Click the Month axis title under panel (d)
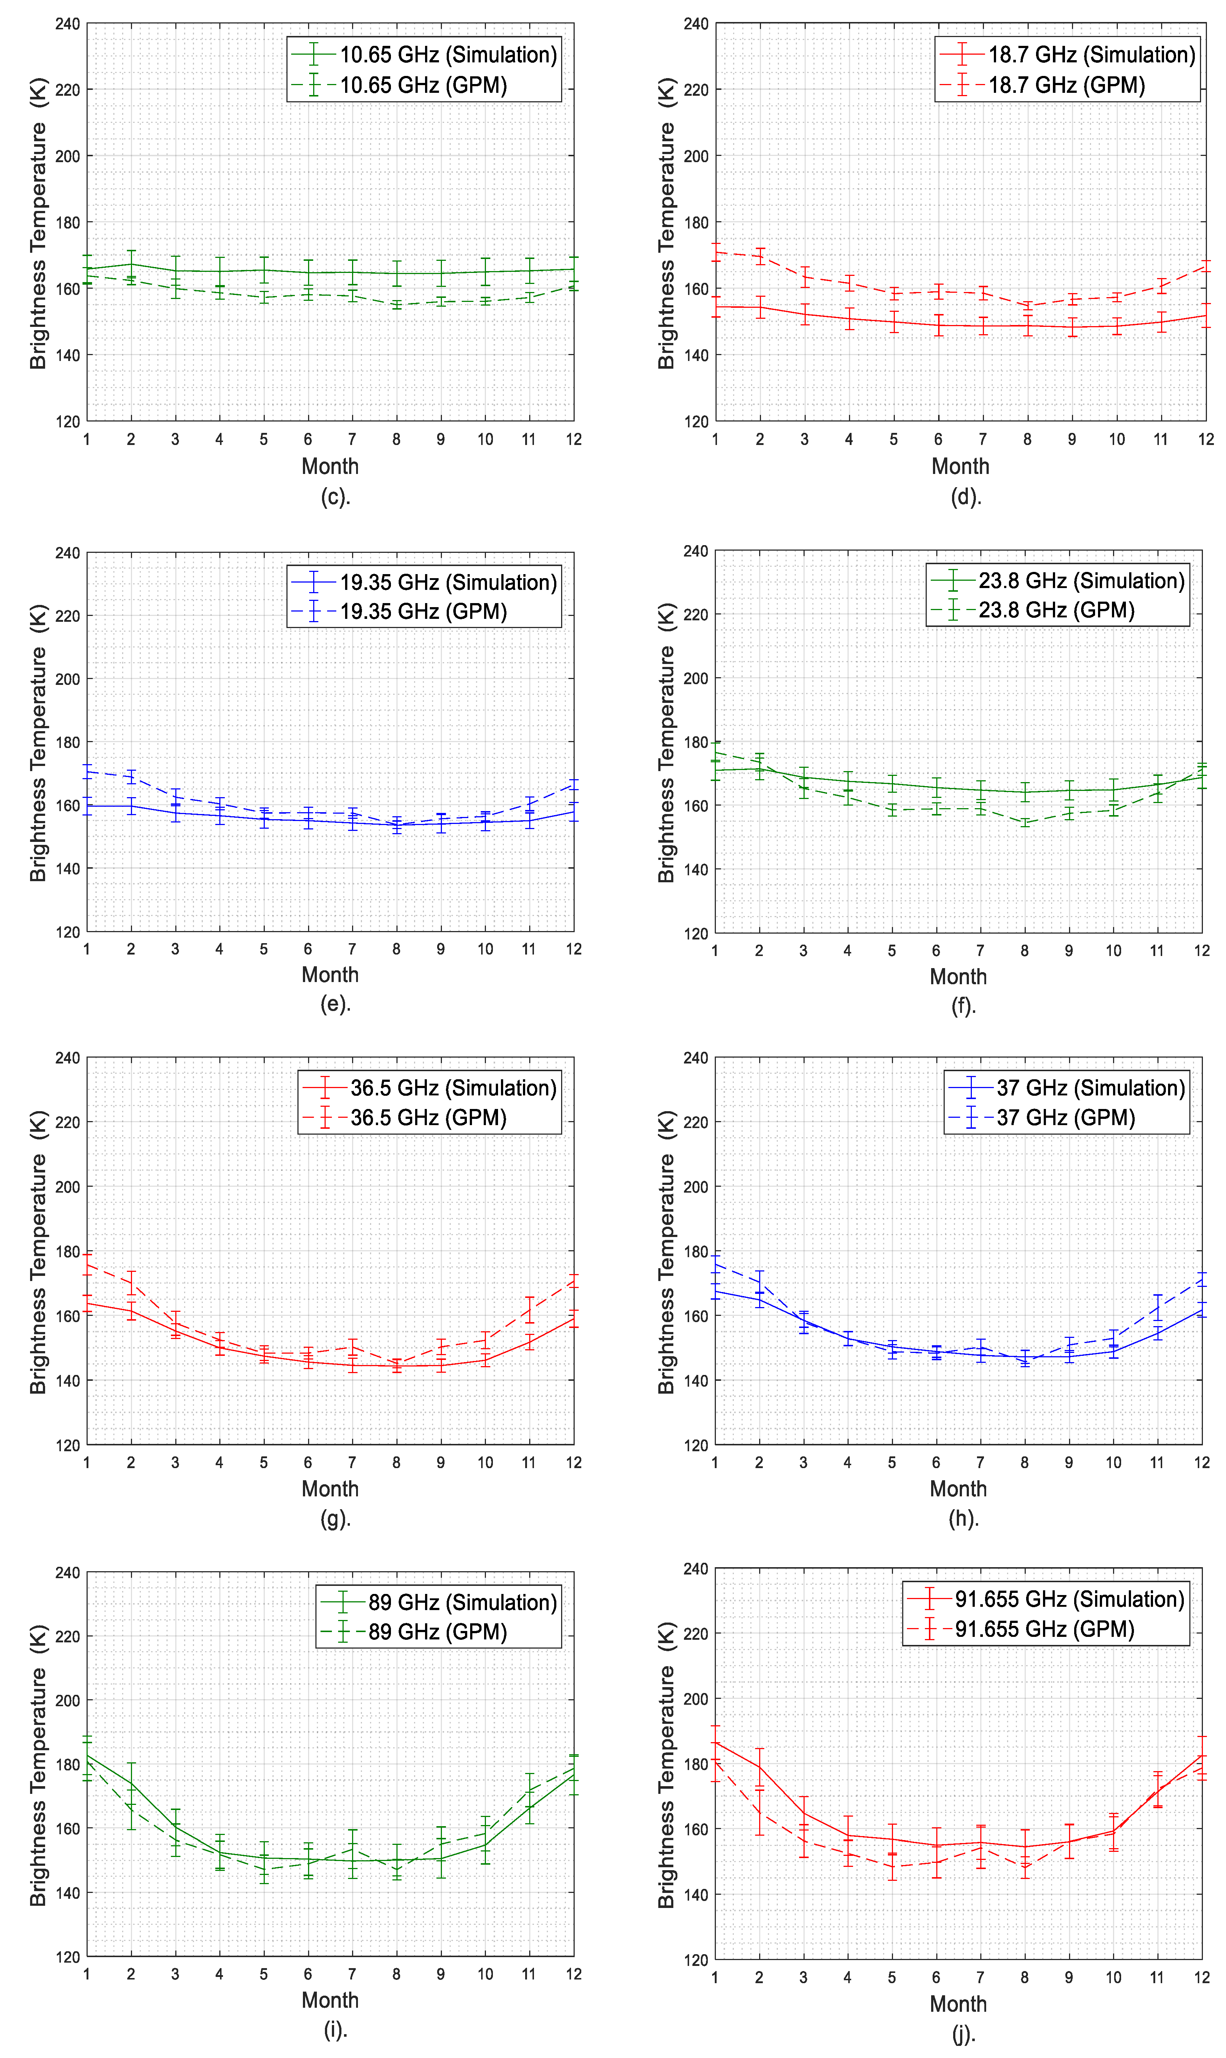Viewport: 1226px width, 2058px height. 960,467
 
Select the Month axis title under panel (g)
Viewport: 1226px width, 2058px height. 330,1489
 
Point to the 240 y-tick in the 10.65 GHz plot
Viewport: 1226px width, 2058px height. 68,24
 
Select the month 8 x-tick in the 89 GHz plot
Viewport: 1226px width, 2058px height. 396,1974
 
